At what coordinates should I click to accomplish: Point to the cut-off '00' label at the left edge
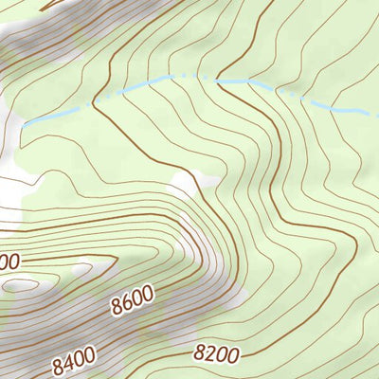pyautogui.click(x=9, y=261)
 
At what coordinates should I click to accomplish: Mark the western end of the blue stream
pyautogui.click(x=25, y=123)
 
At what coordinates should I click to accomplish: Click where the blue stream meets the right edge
pyautogui.click(x=376, y=113)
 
